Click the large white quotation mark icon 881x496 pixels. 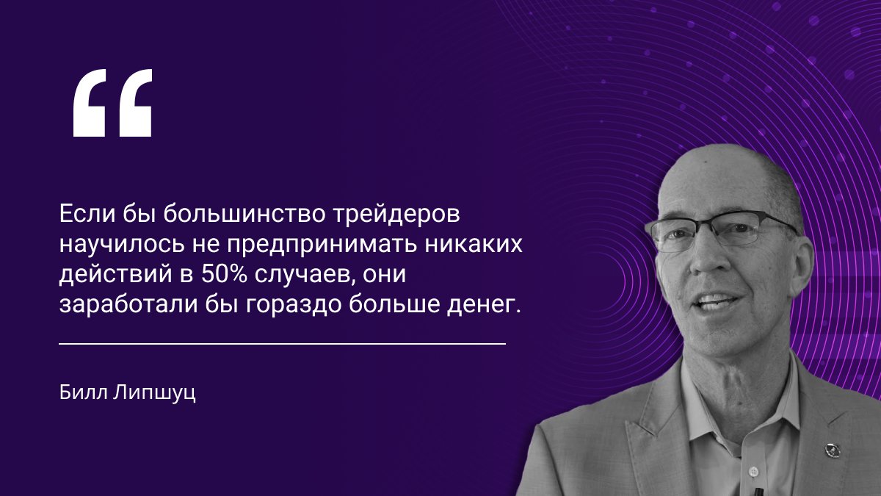112,103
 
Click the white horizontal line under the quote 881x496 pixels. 282,343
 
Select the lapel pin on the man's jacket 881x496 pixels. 832,449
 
